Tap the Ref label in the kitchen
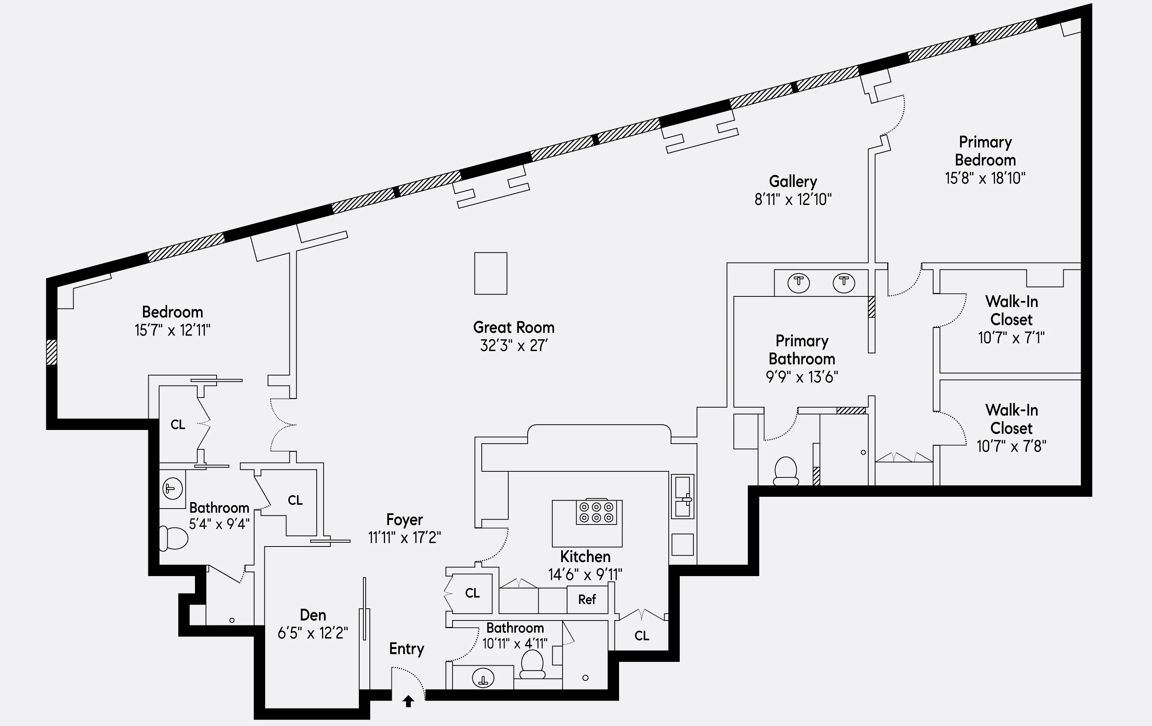(587, 600)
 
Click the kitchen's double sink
(682, 497)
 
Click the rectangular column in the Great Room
(490, 273)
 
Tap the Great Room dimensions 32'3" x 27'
(514, 345)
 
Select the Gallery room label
(793, 181)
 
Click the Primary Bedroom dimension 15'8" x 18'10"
(985, 178)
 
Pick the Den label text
(313, 615)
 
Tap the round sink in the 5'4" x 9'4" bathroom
(172, 489)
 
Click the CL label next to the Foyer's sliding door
(295, 501)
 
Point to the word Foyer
(404, 520)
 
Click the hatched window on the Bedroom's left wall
(52, 352)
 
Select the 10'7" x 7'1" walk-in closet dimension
(1011, 338)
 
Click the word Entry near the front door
(406, 649)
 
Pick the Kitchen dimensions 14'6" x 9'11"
(585, 574)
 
